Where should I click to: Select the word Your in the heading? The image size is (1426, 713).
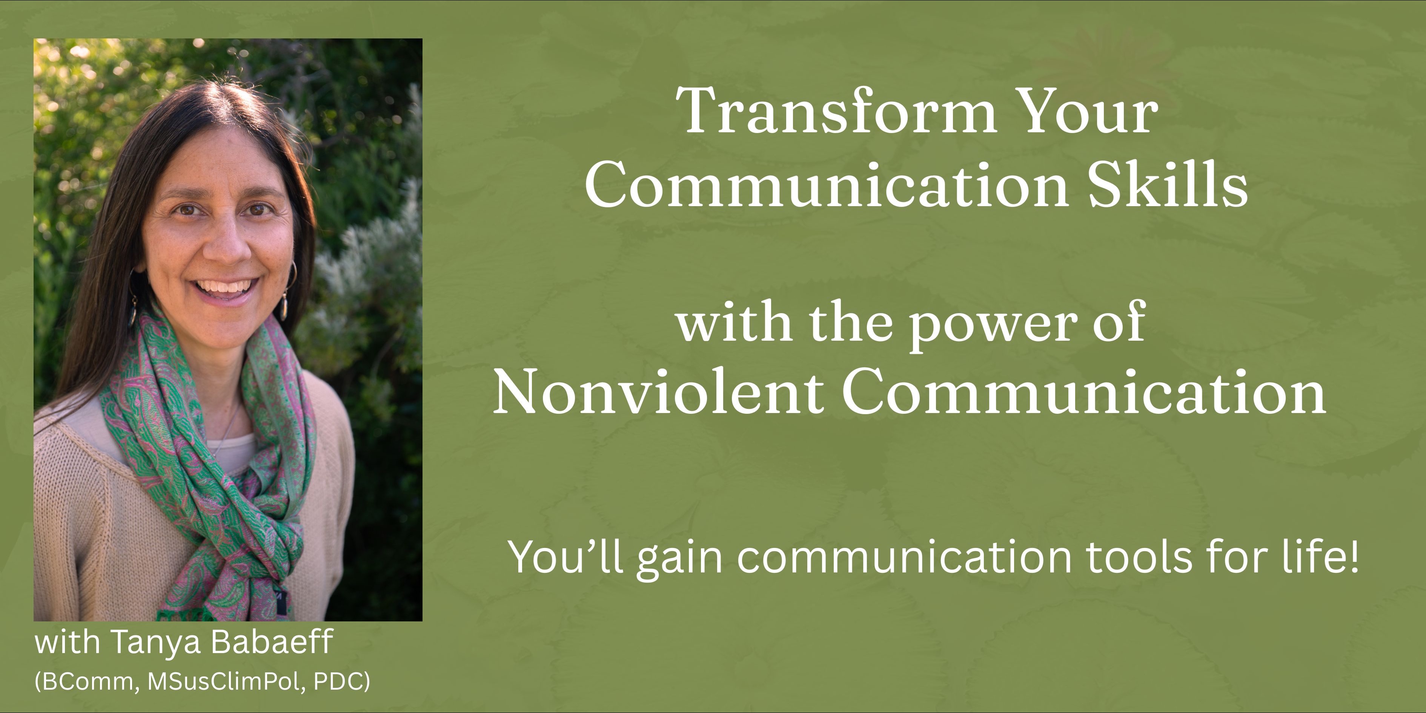pos(1086,111)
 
